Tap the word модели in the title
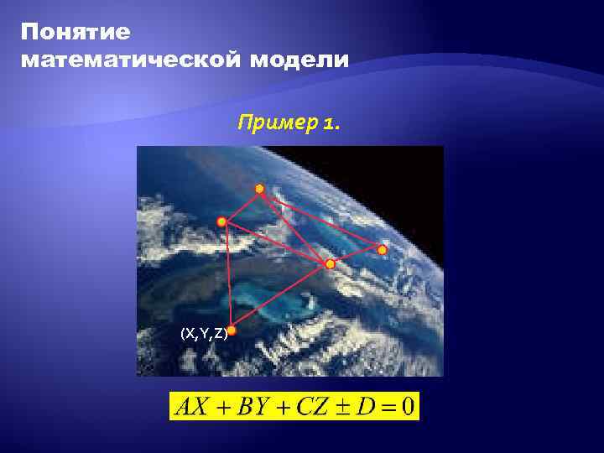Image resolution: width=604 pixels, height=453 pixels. coord(301,60)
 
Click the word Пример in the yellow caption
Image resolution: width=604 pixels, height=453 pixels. coord(273,124)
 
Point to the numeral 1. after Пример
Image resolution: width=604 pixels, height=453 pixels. coord(331,124)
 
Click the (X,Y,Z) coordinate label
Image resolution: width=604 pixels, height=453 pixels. coord(203,333)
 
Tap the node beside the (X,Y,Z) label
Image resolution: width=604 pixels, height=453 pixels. coord(232,331)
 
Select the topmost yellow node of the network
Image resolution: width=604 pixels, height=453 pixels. coord(260,189)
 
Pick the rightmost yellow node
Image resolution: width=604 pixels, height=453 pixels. coord(382,250)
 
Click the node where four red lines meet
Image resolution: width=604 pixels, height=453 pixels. coord(331,264)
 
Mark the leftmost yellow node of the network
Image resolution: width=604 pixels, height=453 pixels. coord(221,222)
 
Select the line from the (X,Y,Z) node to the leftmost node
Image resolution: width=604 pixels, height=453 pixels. coord(226,277)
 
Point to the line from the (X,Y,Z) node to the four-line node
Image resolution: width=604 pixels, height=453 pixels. coord(281,298)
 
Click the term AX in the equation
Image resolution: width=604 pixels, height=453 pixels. coord(191,408)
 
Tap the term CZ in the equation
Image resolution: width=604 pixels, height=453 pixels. coord(315,408)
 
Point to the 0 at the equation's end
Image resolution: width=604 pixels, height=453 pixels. coord(408,408)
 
